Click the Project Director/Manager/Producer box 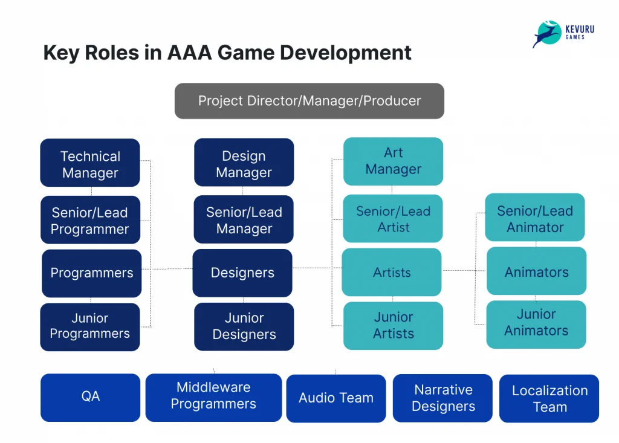click(x=309, y=101)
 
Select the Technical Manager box click(x=90, y=163)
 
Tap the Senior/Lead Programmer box click(x=91, y=220)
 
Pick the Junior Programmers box click(x=90, y=327)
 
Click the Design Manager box click(x=244, y=163)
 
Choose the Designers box click(x=242, y=273)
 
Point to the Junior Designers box click(x=244, y=326)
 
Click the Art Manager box click(x=393, y=161)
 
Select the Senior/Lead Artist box click(x=393, y=218)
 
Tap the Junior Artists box click(x=393, y=326)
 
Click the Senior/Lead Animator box click(x=535, y=217)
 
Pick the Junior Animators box click(x=536, y=325)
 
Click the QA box click(x=91, y=398)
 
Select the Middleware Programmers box click(x=213, y=398)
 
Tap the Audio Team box click(x=336, y=398)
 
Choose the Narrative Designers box click(x=442, y=398)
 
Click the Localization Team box click(x=549, y=398)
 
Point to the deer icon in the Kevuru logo click(x=547, y=34)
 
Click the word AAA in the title click(x=189, y=53)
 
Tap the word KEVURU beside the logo click(x=580, y=29)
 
